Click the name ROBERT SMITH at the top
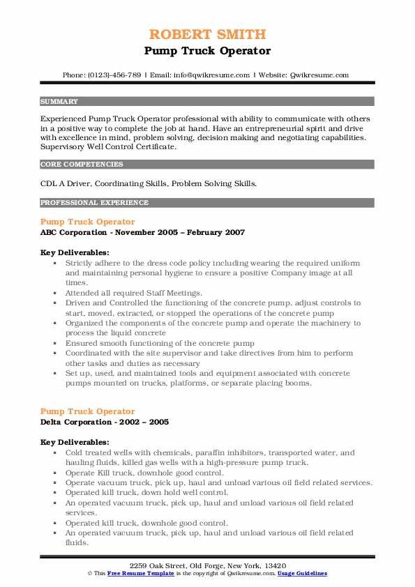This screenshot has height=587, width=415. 207,34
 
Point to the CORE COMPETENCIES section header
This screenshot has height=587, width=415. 82,165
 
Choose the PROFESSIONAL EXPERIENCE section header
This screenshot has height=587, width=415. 94,203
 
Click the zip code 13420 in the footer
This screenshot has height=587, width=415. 274,565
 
